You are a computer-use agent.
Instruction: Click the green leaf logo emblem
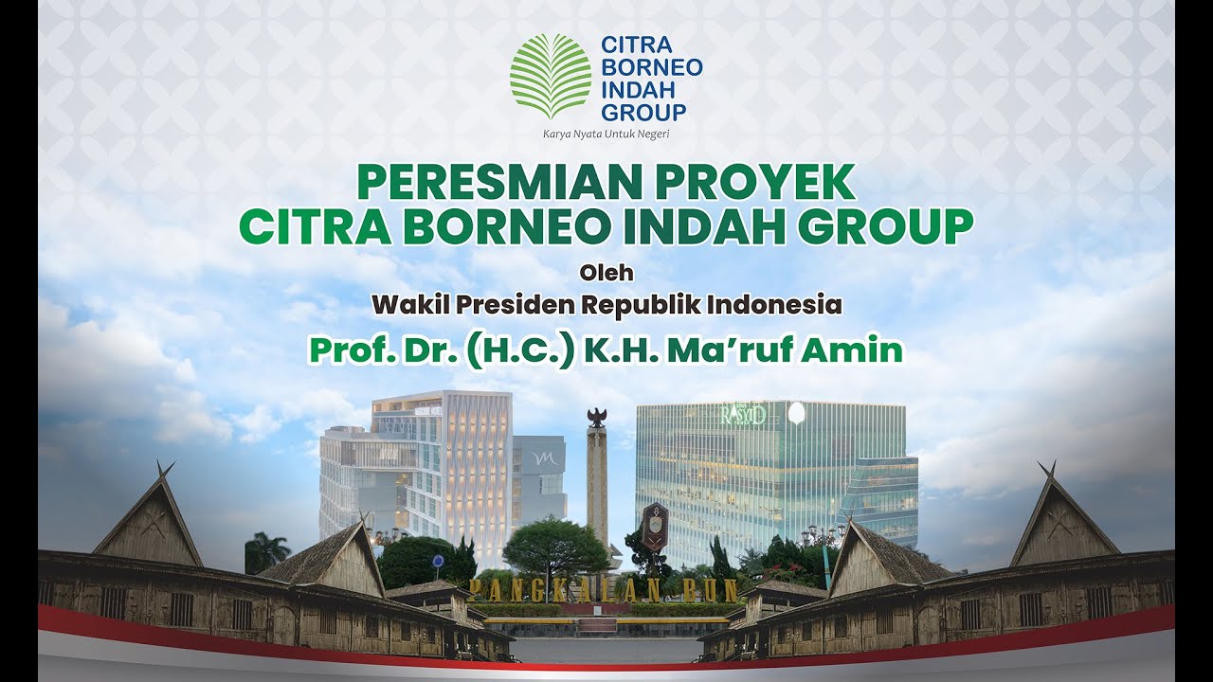(x=551, y=76)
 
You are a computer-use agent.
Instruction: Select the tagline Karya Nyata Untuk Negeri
(x=606, y=134)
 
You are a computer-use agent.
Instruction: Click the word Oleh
(x=606, y=275)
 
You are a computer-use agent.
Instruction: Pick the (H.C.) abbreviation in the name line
(x=520, y=350)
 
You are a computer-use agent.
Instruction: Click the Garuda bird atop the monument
(x=597, y=418)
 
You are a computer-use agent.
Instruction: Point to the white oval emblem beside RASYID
(x=796, y=412)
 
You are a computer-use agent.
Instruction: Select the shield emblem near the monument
(x=655, y=525)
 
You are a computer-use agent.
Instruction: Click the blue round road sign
(x=438, y=561)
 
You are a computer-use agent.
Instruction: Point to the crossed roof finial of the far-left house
(x=166, y=469)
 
